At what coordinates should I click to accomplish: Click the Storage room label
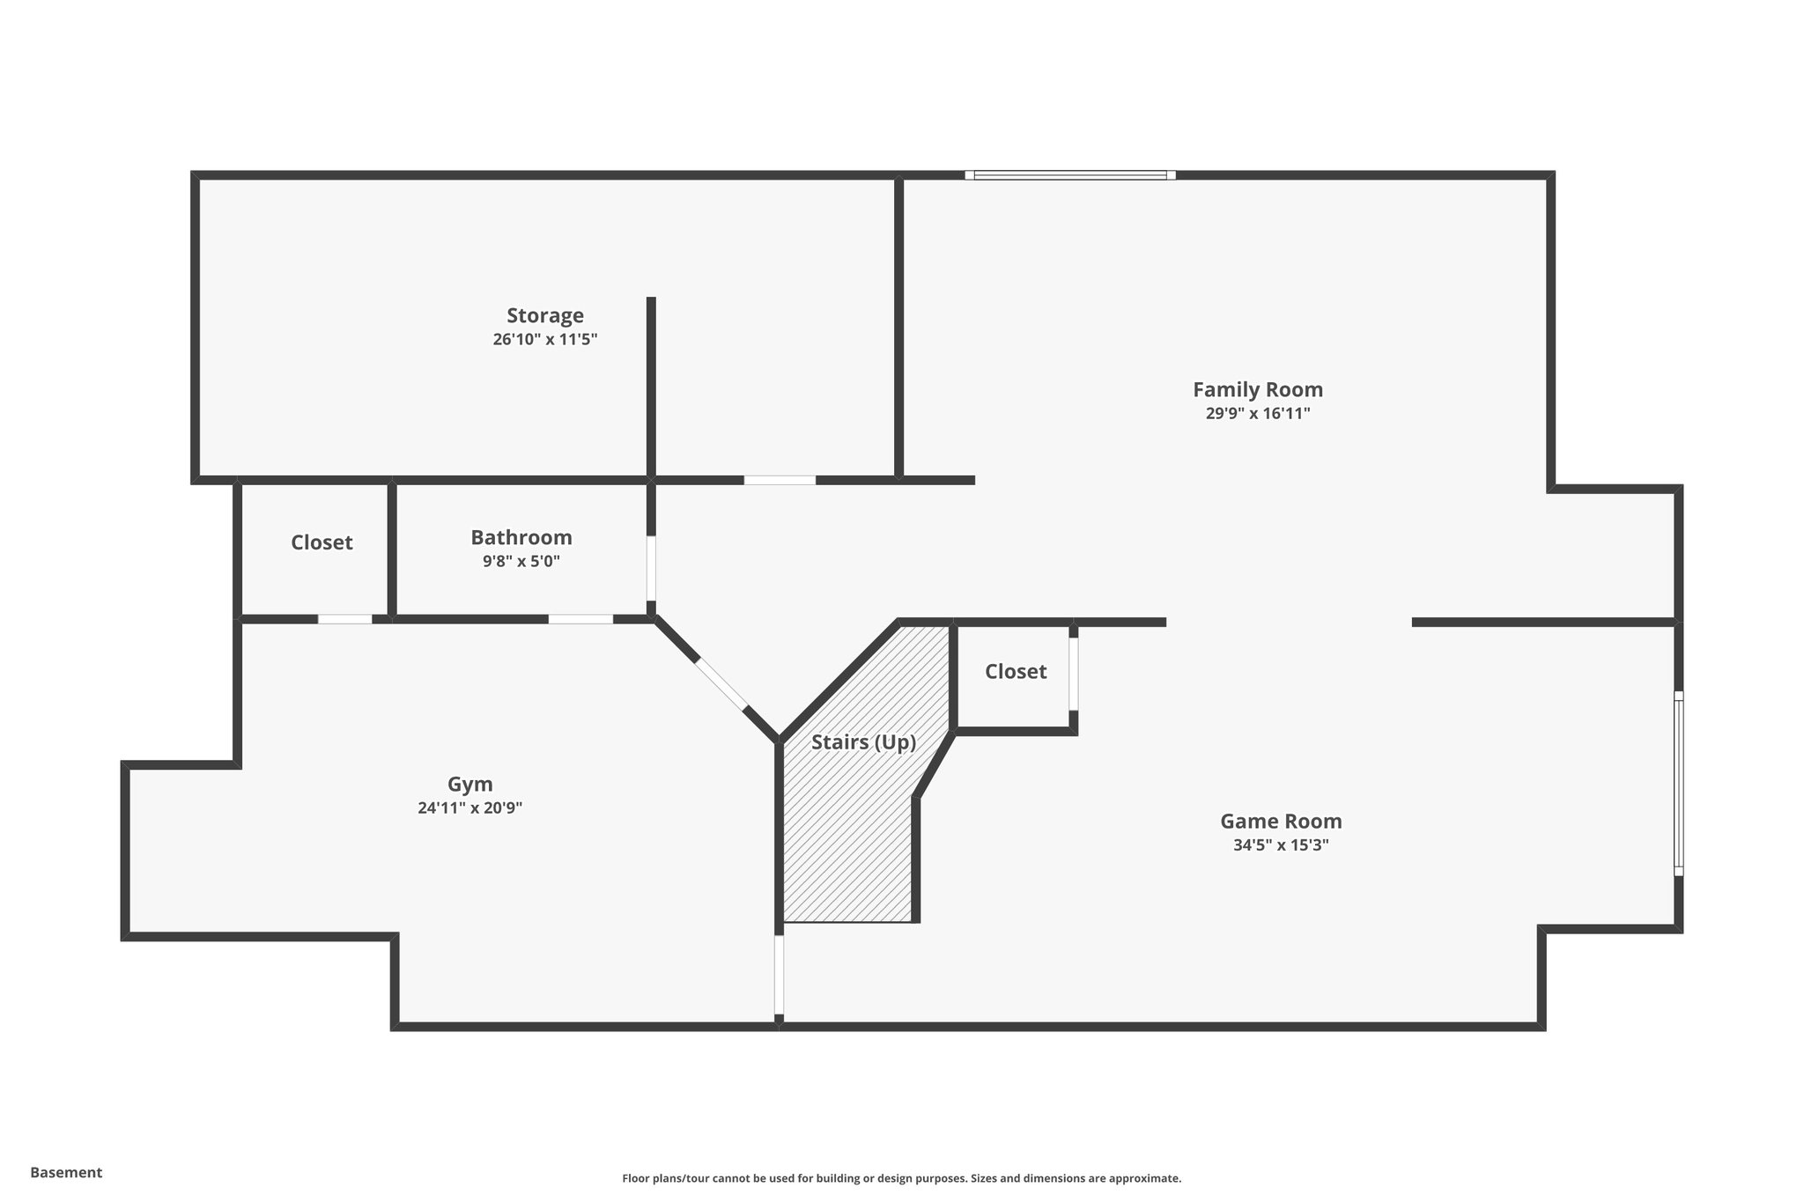(544, 315)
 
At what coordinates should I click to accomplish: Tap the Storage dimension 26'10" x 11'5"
(544, 340)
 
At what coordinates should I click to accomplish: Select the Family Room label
(1257, 389)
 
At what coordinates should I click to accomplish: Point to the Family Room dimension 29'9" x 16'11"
(1257, 414)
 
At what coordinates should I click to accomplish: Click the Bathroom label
(521, 537)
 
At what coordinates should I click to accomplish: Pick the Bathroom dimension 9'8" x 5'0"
(521, 562)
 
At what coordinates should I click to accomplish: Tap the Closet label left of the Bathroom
(322, 542)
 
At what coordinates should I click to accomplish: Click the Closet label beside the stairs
(1015, 672)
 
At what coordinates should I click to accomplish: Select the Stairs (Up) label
(863, 742)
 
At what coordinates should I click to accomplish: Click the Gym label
(469, 784)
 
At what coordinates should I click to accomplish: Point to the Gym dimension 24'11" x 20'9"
(469, 808)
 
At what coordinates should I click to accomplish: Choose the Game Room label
(1280, 822)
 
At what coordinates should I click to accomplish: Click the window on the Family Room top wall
(1069, 175)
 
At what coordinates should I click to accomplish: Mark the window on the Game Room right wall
(1678, 784)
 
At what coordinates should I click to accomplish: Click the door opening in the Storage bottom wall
(780, 480)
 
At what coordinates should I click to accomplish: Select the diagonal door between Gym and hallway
(721, 682)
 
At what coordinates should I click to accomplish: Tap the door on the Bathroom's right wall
(651, 568)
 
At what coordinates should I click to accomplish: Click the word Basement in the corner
(66, 1173)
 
